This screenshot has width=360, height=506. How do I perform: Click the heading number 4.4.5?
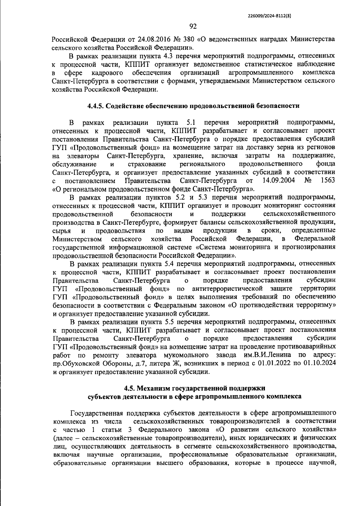[96, 106]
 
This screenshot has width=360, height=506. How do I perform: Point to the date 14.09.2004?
[278, 181]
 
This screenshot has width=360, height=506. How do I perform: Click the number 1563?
[328, 181]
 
